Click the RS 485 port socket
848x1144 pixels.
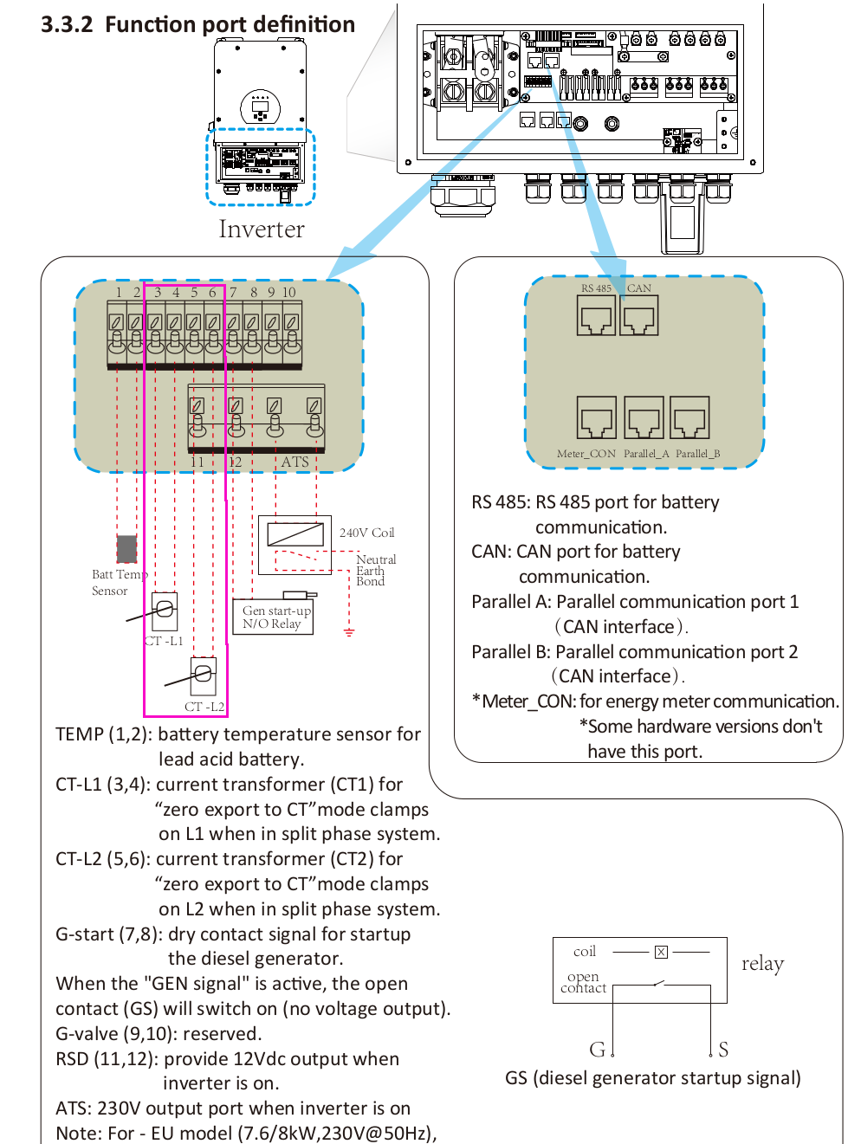[x=597, y=316]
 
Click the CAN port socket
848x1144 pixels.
[x=638, y=316]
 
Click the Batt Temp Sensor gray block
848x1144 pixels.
[x=126, y=549]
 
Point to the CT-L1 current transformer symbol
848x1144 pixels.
[x=165, y=611]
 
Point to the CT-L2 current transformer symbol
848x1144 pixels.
[x=203, y=675]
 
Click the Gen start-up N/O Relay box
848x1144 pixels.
[x=272, y=617]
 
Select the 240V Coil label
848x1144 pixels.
[x=366, y=533]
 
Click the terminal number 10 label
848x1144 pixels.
[x=288, y=293]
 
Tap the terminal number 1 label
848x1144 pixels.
[x=119, y=293]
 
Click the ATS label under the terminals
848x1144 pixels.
[x=295, y=462]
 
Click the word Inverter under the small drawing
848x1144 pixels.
[x=262, y=229]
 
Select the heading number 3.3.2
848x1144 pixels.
[x=67, y=24]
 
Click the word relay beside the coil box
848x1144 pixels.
[x=762, y=964]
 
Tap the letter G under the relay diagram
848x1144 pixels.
[x=597, y=1050]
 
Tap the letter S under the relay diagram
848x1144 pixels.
[x=723, y=1050]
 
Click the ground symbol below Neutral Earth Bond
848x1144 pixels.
[x=349, y=632]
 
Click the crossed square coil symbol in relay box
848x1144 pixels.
[x=661, y=952]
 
